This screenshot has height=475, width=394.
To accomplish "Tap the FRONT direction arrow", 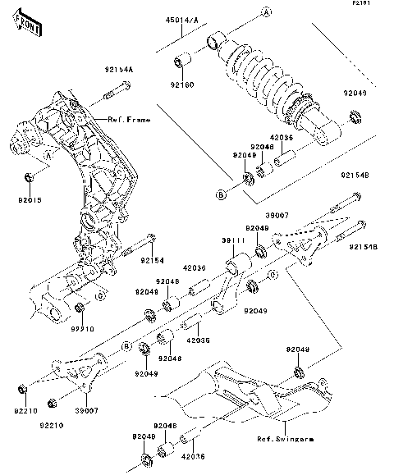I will point(29,27).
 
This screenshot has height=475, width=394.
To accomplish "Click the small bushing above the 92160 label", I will point(183,62).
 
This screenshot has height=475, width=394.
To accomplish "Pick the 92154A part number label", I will point(118,71).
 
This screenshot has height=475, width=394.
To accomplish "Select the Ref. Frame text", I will point(128,120).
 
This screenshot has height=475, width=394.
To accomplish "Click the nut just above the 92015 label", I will point(29,178).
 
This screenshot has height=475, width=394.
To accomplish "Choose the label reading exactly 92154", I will point(152,260).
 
